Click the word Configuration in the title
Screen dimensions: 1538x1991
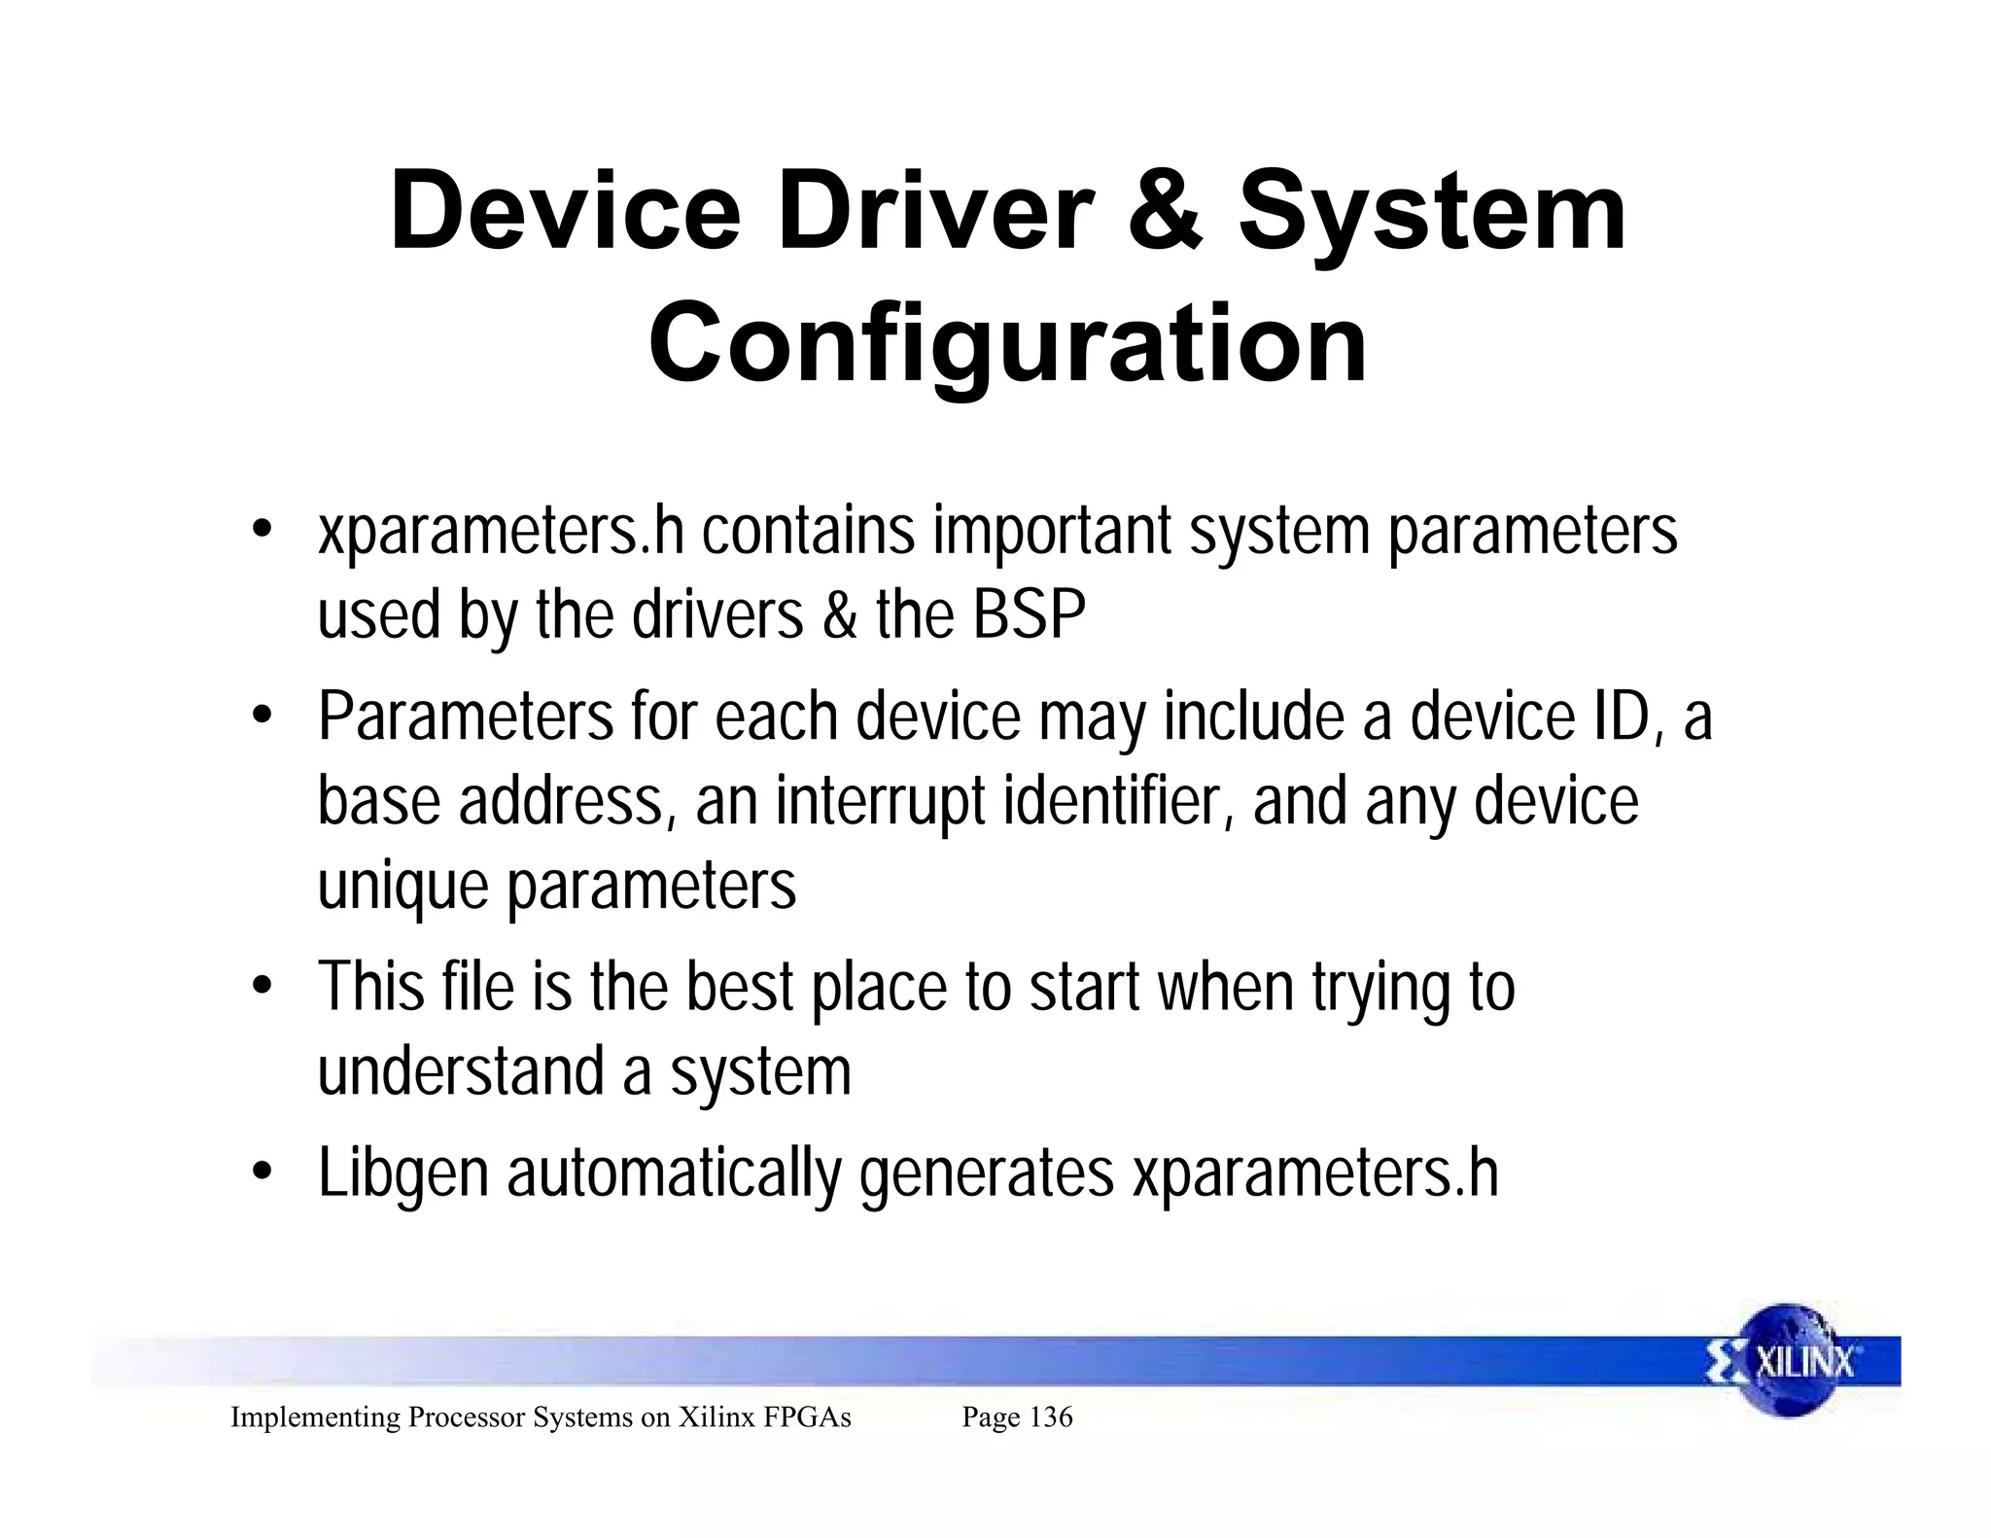coord(1008,343)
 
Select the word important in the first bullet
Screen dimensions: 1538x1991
coord(1052,531)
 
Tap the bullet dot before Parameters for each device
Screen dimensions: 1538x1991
coord(261,716)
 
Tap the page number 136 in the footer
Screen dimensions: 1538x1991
coord(1050,1417)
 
